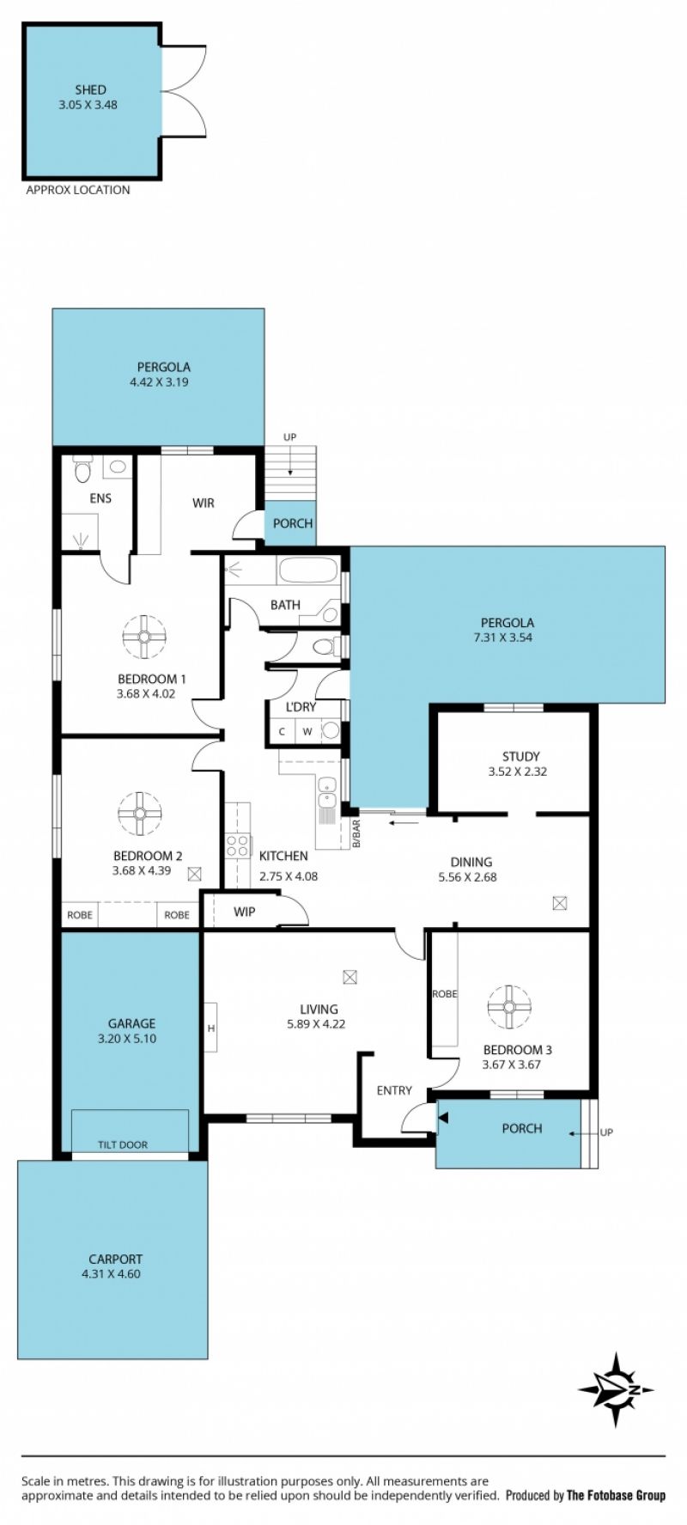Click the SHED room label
pyautogui.click(x=90, y=89)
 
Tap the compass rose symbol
pyautogui.click(x=616, y=1389)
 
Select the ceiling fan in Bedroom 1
pyautogui.click(x=143, y=637)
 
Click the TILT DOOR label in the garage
pyautogui.click(x=123, y=1144)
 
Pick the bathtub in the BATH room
pyautogui.click(x=307, y=570)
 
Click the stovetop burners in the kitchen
pyautogui.click(x=238, y=845)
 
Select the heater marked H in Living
pyautogui.click(x=210, y=1027)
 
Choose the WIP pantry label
pyautogui.click(x=245, y=912)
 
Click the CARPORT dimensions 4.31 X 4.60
pyautogui.click(x=111, y=1273)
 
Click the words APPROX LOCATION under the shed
pyautogui.click(x=78, y=190)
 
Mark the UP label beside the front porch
pyautogui.click(x=606, y=1132)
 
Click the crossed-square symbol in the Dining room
pyautogui.click(x=561, y=903)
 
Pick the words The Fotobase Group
pyautogui.click(x=616, y=1496)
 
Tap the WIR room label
pyautogui.click(x=204, y=503)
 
